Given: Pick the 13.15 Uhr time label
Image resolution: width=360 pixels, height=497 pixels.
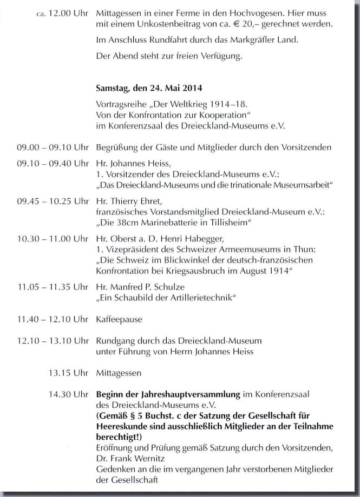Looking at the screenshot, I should click(69, 373).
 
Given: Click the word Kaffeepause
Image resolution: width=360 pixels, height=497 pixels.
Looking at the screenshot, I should click(119, 320).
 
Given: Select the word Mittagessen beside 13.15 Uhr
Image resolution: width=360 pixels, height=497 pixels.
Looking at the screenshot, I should click(119, 373).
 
